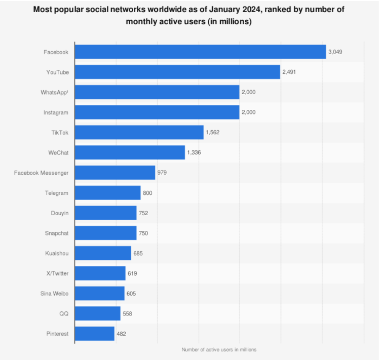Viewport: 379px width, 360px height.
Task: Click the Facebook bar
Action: [x=200, y=52]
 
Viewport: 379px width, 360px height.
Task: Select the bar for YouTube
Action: [x=177, y=72]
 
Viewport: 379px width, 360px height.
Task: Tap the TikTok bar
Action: [x=139, y=132]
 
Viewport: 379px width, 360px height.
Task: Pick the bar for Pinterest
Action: [x=94, y=333]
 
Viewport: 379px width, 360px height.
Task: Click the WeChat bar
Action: [x=130, y=152]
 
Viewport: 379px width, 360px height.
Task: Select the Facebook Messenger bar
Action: [x=115, y=173]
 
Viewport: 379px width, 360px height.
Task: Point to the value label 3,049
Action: [x=336, y=52]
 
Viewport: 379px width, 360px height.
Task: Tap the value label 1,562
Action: [x=213, y=132]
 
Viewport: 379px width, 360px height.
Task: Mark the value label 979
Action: [x=162, y=173]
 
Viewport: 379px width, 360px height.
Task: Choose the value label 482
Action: [x=121, y=333]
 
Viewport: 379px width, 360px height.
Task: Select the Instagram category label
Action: [x=56, y=112]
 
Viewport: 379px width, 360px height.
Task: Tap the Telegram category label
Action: [x=57, y=193]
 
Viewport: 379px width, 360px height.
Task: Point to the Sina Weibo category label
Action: [x=54, y=293]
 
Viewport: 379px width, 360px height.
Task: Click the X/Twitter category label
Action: [x=57, y=273]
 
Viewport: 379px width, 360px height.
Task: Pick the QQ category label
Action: [x=63, y=313]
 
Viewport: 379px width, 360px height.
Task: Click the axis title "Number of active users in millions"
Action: [x=219, y=350]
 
